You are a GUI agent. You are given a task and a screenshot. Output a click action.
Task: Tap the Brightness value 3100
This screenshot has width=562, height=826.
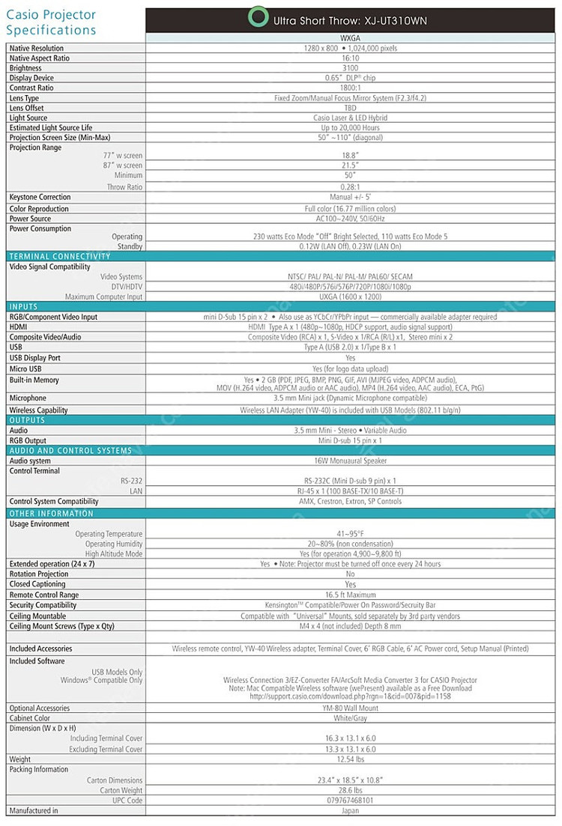[350, 68]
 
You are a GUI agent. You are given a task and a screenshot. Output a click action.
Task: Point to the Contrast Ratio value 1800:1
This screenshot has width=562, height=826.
[350, 88]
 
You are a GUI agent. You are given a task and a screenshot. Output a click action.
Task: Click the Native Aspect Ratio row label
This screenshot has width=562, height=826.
[39, 58]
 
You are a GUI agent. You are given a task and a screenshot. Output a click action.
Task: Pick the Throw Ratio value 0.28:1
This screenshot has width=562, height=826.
[350, 187]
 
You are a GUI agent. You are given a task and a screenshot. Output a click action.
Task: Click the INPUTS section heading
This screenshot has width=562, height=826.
[23, 307]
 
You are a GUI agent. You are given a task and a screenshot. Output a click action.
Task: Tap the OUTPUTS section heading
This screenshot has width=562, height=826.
[28, 421]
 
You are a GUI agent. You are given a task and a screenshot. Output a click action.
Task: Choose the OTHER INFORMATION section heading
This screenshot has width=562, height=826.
[52, 514]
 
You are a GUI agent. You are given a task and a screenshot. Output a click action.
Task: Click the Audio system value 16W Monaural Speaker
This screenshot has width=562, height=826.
[350, 461]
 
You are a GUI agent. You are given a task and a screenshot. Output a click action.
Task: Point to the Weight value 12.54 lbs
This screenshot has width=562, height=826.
[350, 759]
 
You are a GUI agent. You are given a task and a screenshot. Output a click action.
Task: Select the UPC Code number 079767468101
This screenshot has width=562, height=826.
[350, 801]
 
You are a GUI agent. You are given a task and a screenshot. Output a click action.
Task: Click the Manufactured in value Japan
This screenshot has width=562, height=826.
[350, 810]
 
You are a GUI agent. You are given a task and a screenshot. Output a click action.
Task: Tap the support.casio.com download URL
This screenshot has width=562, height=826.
[350, 696]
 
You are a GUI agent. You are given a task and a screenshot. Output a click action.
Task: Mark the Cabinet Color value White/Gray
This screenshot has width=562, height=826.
[350, 718]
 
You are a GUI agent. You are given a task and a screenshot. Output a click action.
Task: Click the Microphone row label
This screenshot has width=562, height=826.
[28, 398]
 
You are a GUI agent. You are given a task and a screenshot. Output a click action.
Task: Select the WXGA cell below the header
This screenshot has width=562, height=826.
[350, 38]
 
